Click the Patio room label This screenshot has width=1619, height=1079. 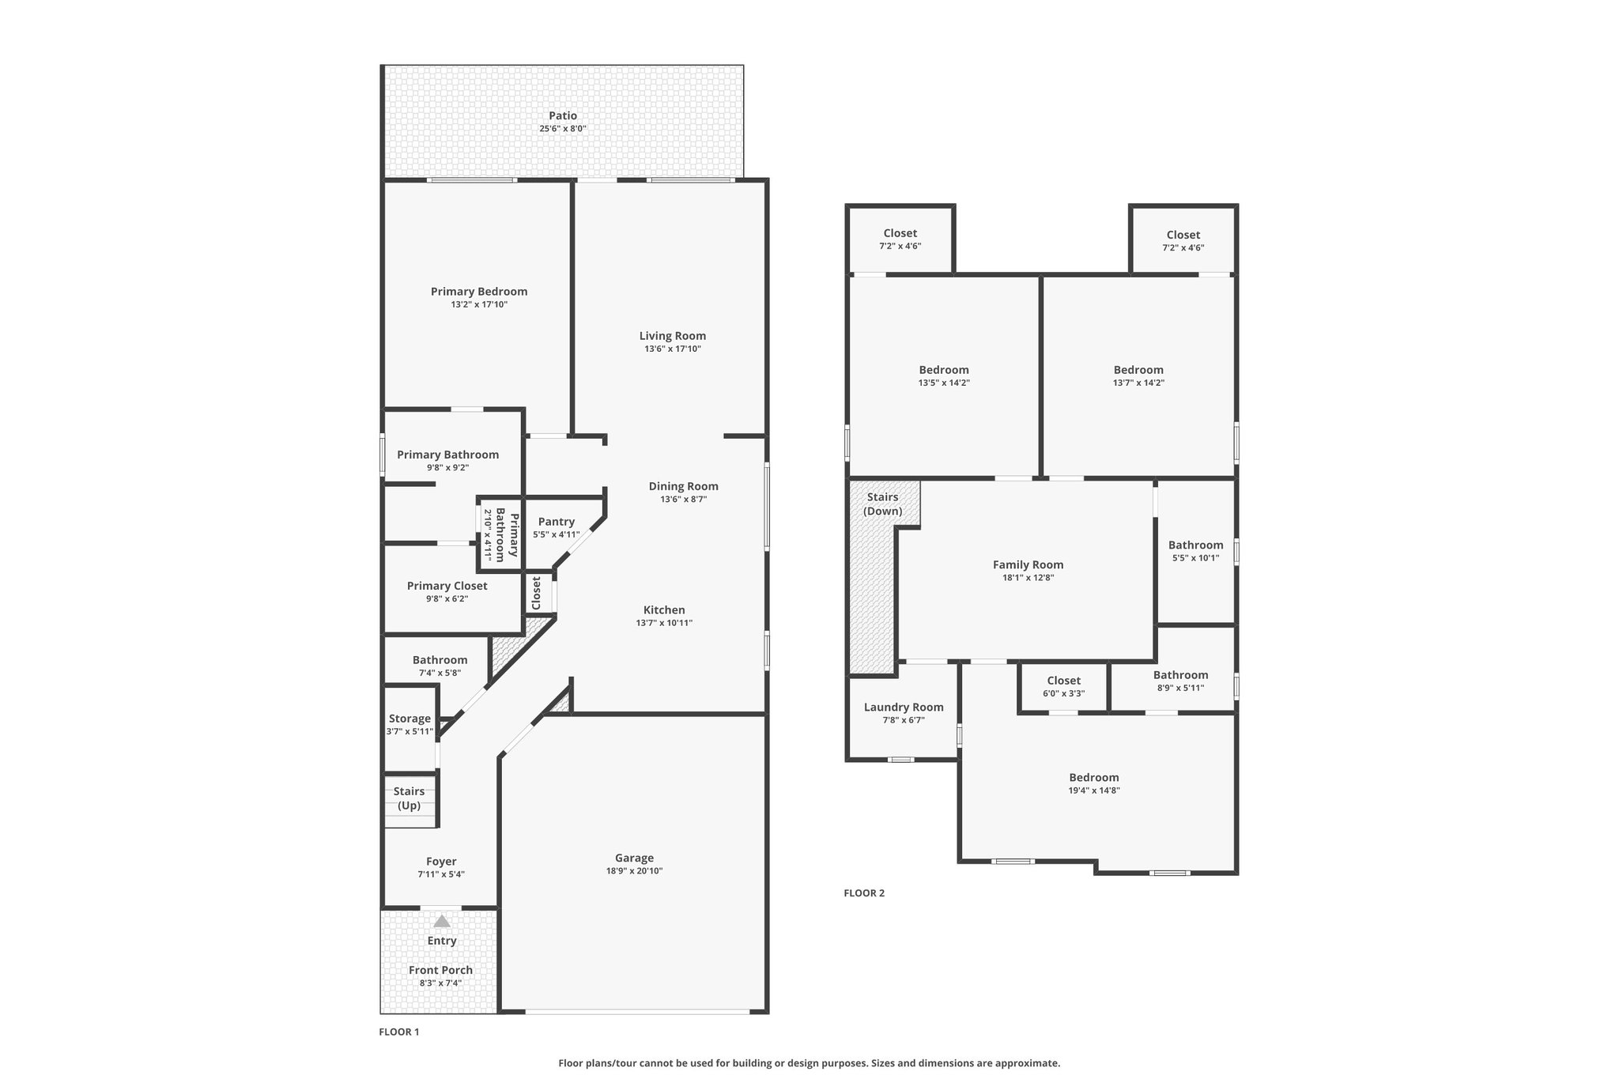point(563,116)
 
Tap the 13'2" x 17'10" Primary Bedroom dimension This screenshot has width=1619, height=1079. point(479,304)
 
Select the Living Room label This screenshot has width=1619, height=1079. point(672,336)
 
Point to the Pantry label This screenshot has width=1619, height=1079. point(556,522)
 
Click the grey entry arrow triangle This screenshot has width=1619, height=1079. point(442,921)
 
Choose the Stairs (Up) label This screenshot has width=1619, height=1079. point(409,798)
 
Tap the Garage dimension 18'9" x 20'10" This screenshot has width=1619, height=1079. point(634,871)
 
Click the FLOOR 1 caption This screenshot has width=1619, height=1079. point(399,1032)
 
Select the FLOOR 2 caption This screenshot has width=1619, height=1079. point(864,893)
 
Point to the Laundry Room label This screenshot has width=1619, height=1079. point(904,707)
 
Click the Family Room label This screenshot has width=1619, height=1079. point(1028,564)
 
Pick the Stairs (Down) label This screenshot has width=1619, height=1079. point(882,504)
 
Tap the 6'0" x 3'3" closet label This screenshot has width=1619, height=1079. point(1063,681)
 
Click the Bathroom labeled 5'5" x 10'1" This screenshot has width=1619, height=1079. point(1195,545)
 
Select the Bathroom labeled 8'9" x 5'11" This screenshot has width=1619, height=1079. point(1180,675)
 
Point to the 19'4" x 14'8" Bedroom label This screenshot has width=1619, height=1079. point(1094,777)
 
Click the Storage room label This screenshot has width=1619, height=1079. point(409,719)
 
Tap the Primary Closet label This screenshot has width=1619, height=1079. point(447,586)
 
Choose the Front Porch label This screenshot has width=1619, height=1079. point(440,970)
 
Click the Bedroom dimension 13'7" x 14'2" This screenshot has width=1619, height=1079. point(1138,383)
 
